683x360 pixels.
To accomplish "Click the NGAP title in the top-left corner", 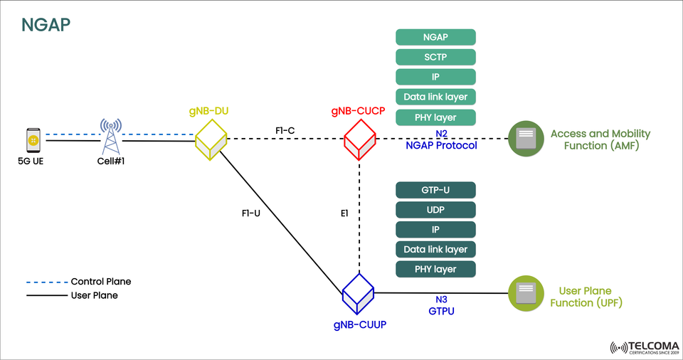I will (x=46, y=25).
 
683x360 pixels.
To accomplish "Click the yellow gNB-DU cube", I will (x=211, y=139).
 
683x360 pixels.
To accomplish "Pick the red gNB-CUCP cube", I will (x=359, y=139).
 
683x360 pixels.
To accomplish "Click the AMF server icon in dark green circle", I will (x=525, y=139).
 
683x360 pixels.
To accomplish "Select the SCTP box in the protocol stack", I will (x=435, y=57).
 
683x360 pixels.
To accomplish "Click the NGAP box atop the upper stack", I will (x=435, y=37).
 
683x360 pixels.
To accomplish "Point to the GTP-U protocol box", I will (x=435, y=190).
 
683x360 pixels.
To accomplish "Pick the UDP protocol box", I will (x=435, y=210).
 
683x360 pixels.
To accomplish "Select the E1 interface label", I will (x=344, y=213).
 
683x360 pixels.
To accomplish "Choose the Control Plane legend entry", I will (x=100, y=282).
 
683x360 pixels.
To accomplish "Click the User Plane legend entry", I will (x=94, y=295).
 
